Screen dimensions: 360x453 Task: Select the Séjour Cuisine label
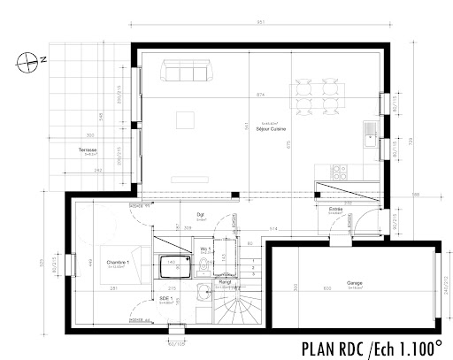click(x=259, y=126)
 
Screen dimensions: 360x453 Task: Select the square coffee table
click(x=186, y=118)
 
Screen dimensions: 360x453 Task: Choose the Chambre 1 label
click(x=118, y=263)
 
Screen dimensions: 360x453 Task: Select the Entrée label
click(x=335, y=210)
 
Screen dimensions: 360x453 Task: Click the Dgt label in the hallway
click(x=202, y=215)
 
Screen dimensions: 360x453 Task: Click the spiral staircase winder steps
click(x=238, y=312)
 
